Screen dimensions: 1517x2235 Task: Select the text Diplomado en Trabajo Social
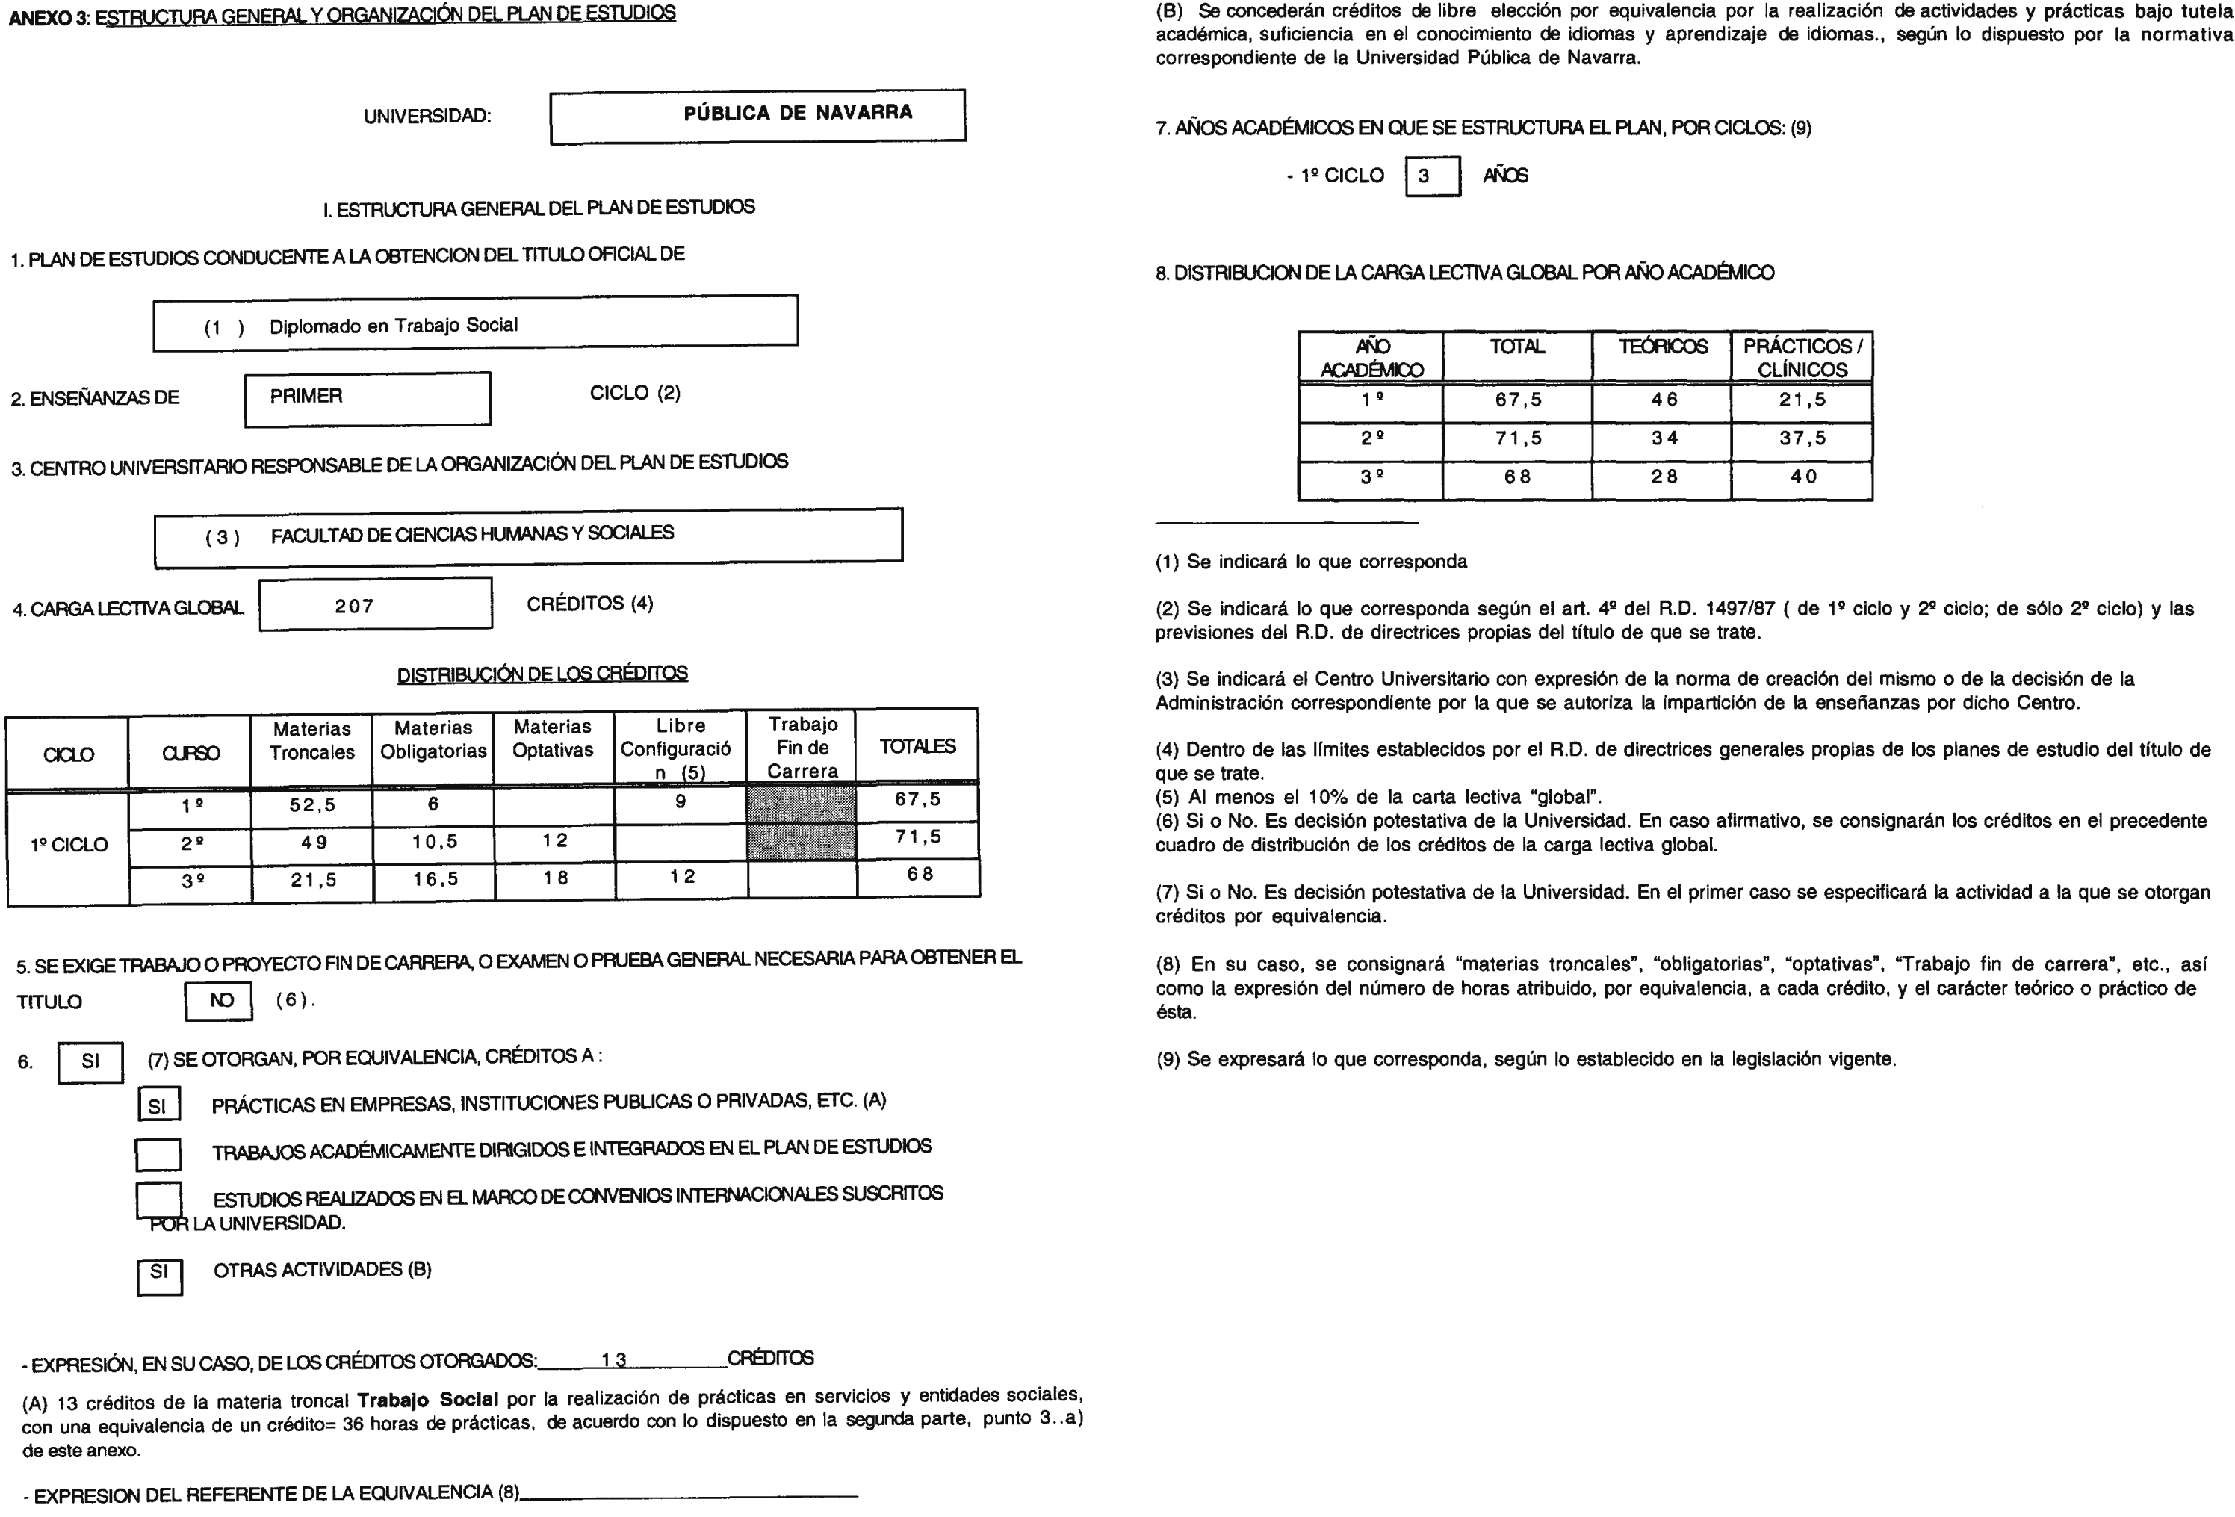(x=394, y=326)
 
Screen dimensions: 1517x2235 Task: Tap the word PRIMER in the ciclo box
(x=306, y=396)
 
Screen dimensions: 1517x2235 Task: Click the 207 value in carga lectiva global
(x=354, y=606)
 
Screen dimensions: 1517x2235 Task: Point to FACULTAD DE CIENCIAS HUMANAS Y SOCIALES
(x=472, y=533)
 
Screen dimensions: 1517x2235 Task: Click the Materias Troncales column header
(x=311, y=741)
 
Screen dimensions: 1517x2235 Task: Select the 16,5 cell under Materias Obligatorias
(x=435, y=878)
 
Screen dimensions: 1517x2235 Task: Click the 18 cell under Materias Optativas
(x=555, y=878)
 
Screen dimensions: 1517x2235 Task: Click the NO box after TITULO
(x=220, y=1001)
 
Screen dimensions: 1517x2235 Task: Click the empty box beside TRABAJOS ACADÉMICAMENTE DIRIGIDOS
(x=158, y=1153)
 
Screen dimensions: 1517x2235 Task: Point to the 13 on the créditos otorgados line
(x=613, y=1359)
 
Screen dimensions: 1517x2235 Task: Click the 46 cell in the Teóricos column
(x=1663, y=400)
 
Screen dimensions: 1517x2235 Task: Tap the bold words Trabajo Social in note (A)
(x=427, y=1400)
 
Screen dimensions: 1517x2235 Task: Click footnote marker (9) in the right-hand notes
(x=1168, y=1059)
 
